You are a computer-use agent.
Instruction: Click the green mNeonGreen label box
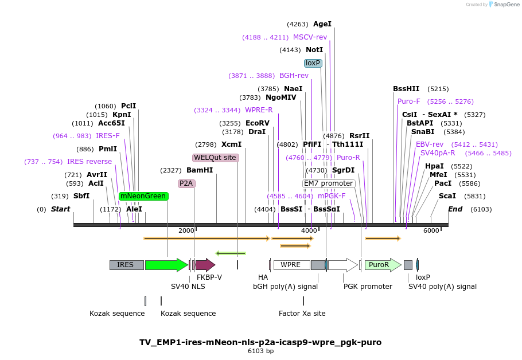tap(143, 196)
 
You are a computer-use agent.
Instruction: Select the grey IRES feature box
tap(126, 265)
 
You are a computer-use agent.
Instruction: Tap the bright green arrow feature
tap(166, 265)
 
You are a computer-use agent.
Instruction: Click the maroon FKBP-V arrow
tap(205, 265)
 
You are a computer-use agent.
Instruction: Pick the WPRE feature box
tap(291, 265)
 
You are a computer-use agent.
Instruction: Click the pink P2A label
tap(186, 183)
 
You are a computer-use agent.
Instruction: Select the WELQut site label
tap(215, 158)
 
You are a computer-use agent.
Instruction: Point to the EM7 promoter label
tap(329, 183)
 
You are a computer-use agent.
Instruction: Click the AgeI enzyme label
tap(322, 24)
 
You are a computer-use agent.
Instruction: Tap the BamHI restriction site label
tap(200, 170)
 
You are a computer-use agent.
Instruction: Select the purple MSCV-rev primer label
tap(310, 37)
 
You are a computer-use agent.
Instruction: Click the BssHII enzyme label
tap(406, 89)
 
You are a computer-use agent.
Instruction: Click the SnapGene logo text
tap(503, 5)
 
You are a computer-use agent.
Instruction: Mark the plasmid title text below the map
tap(260, 342)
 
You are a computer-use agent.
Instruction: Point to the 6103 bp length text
tap(260, 351)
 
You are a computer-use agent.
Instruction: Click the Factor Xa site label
tap(302, 314)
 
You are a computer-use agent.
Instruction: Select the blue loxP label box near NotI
tap(313, 63)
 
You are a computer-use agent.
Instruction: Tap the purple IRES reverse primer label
tap(89, 162)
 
